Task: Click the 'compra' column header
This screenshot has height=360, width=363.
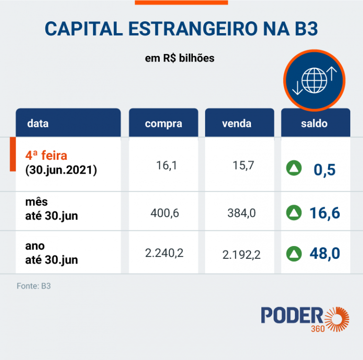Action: (x=163, y=124)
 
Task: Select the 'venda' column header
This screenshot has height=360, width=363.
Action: (x=236, y=124)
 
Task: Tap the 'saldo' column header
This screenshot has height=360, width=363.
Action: (x=314, y=124)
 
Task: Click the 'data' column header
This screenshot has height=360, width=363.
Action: (x=38, y=124)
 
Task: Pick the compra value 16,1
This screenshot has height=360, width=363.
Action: (x=165, y=165)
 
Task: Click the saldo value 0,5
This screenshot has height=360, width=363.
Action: (x=324, y=169)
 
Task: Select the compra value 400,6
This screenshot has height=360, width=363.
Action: (x=164, y=213)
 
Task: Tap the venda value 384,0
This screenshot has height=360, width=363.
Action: (x=241, y=213)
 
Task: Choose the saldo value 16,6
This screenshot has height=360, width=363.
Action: (x=325, y=213)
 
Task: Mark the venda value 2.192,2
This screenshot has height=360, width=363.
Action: (x=241, y=255)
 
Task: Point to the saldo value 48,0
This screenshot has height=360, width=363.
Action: (x=325, y=254)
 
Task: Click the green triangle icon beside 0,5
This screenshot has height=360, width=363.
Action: (x=294, y=168)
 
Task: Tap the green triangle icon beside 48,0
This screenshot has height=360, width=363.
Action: (x=294, y=254)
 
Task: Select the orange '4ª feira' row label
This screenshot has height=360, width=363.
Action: (x=46, y=155)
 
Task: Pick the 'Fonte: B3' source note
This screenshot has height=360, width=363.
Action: (x=34, y=286)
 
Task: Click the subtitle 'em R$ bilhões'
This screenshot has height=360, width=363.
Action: (x=180, y=59)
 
